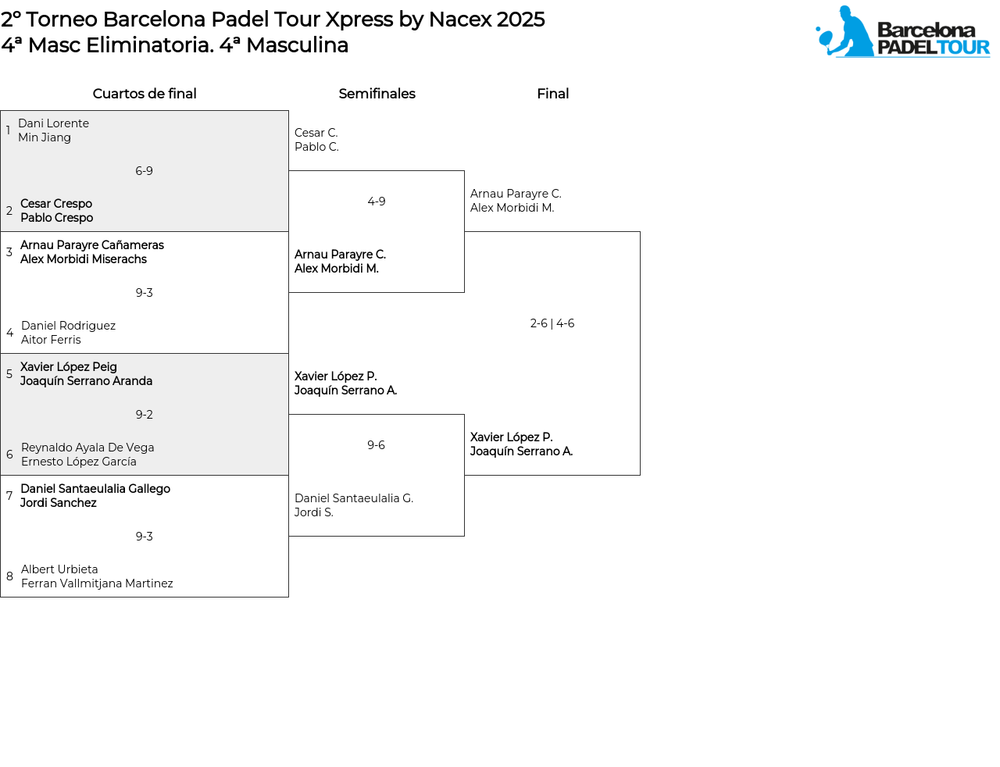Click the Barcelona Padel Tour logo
[902, 32]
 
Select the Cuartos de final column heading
[145, 94]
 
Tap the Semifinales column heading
[377, 94]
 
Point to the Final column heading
[552, 94]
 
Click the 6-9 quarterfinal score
[145, 171]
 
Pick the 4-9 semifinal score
[377, 202]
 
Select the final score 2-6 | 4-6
[552, 323]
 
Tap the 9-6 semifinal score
[377, 445]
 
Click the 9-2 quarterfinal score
[145, 415]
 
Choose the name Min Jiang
[45, 137]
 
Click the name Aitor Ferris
[51, 340]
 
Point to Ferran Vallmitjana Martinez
[97, 583]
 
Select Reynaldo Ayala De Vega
[87, 448]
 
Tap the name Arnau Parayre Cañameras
[92, 245]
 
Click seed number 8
[9, 576]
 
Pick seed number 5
[9, 374]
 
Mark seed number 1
[9, 130]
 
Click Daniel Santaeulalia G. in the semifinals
[354, 498]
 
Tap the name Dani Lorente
[53, 123]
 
